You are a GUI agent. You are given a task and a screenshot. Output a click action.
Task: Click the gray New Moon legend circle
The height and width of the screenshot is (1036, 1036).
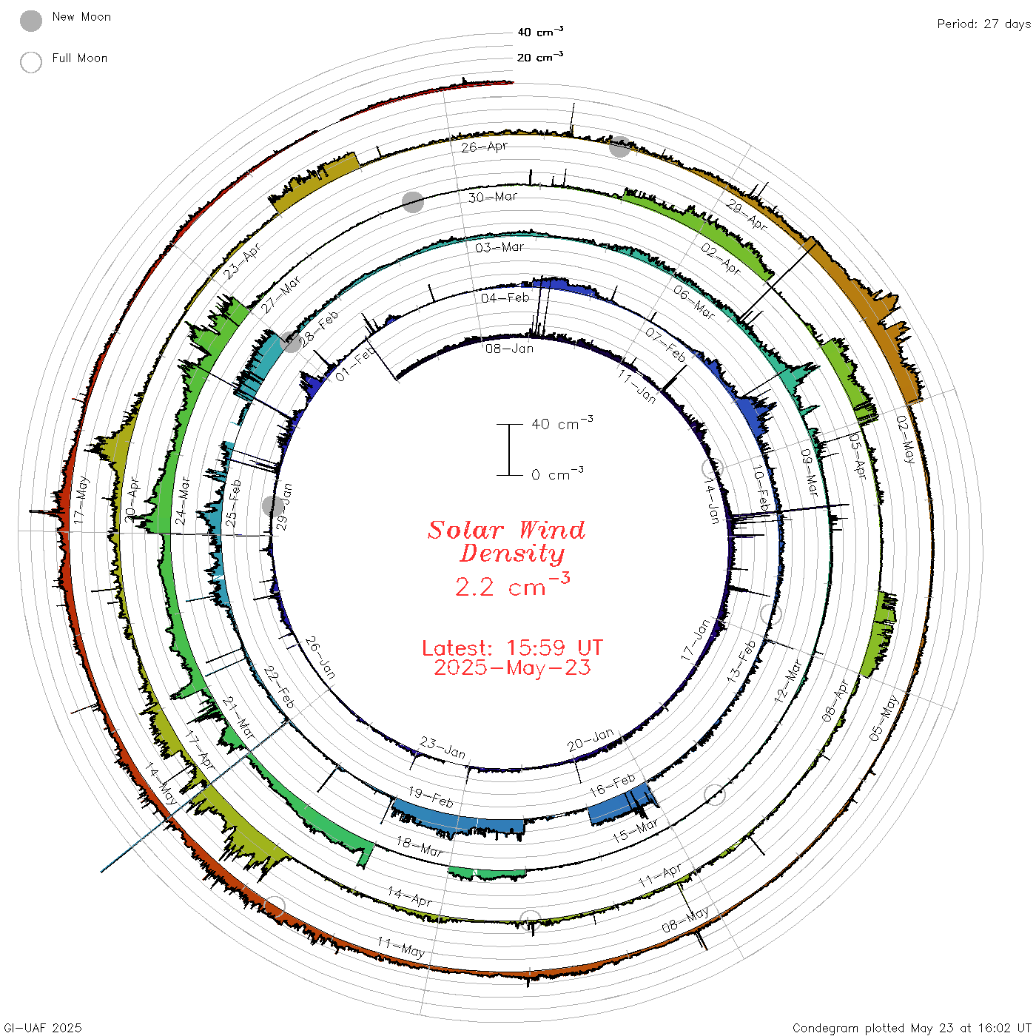[x=31, y=21]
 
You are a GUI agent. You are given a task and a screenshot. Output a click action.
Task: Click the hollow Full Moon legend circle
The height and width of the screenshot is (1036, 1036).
[x=31, y=62]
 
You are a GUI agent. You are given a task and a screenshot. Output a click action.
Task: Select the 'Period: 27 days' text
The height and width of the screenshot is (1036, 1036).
[x=984, y=24]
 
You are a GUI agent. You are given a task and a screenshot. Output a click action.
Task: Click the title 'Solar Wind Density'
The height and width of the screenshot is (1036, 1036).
[x=507, y=542]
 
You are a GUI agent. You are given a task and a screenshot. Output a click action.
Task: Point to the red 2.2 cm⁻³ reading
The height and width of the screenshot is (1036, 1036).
[x=512, y=585]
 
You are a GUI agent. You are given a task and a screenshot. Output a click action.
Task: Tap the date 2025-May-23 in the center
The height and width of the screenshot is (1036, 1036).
[x=512, y=667]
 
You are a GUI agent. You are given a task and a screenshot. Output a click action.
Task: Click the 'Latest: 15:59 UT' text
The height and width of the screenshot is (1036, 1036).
[x=512, y=647]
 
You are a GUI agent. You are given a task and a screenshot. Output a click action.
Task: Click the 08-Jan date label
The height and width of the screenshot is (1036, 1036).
[x=509, y=349]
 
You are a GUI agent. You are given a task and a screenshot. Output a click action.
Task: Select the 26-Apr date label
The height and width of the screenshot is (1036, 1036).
[x=485, y=147]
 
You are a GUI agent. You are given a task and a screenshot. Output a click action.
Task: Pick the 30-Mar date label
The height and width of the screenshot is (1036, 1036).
[x=492, y=197]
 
